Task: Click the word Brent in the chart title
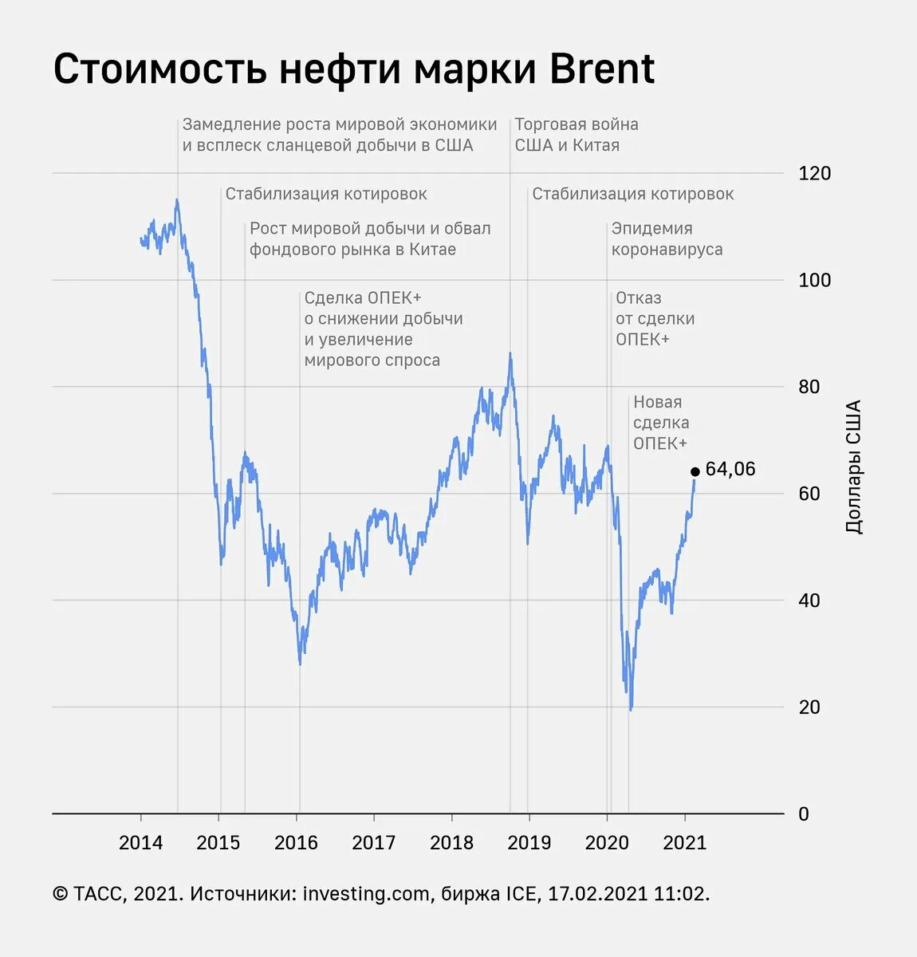pyautogui.click(x=602, y=69)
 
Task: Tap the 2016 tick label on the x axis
pyautogui.click(x=296, y=843)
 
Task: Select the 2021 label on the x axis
pyautogui.click(x=684, y=843)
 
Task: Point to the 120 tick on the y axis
pyautogui.click(x=814, y=173)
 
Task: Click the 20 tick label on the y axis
pyautogui.click(x=809, y=707)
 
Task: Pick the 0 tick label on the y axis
pyautogui.click(x=803, y=814)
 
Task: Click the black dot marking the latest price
pyautogui.click(x=695, y=471)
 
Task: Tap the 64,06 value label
pyautogui.click(x=730, y=469)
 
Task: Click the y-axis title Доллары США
pyautogui.click(x=853, y=467)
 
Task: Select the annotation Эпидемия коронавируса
pyautogui.click(x=667, y=238)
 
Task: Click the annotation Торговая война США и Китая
pyautogui.click(x=576, y=135)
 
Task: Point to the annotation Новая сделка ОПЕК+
pyautogui.click(x=661, y=423)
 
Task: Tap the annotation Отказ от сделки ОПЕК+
pyautogui.click(x=655, y=318)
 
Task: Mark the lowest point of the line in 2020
pyautogui.click(x=631, y=709)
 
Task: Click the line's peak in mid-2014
pyautogui.click(x=177, y=200)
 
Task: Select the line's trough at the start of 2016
pyautogui.click(x=300, y=664)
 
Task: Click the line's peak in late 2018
pyautogui.click(x=510, y=354)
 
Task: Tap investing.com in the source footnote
pyautogui.click(x=366, y=894)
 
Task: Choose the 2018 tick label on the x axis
pyautogui.click(x=451, y=843)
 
